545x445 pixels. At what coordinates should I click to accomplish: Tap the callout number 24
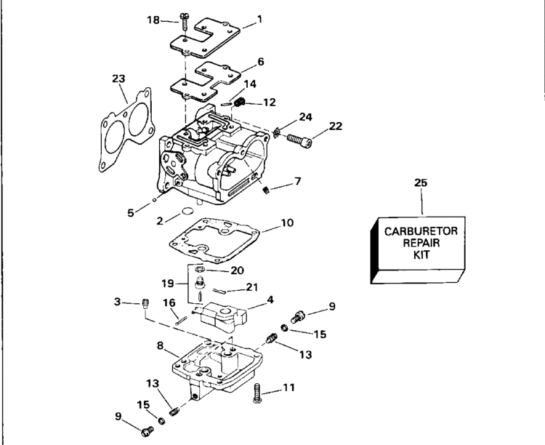tap(305, 116)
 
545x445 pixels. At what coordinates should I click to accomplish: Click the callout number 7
tap(298, 180)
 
